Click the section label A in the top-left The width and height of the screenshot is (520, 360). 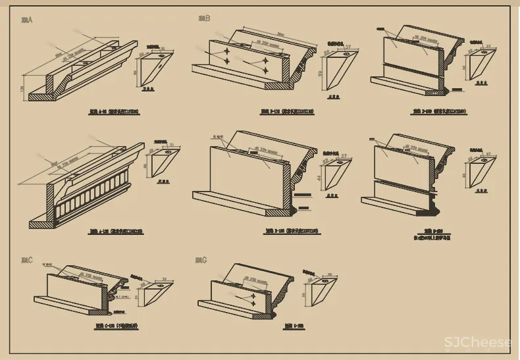click(27, 20)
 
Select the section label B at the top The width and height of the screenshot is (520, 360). click(204, 18)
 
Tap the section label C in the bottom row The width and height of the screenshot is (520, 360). click(27, 261)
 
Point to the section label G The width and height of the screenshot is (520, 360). click(201, 261)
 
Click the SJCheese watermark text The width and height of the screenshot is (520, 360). click(477, 343)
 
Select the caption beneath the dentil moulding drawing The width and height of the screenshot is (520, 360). click(116, 232)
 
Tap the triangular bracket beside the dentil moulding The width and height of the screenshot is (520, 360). click(163, 162)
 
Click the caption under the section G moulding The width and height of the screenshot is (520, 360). click(294, 326)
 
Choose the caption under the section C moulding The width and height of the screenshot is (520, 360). click(116, 326)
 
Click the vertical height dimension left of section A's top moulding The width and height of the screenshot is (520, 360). click(23, 88)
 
